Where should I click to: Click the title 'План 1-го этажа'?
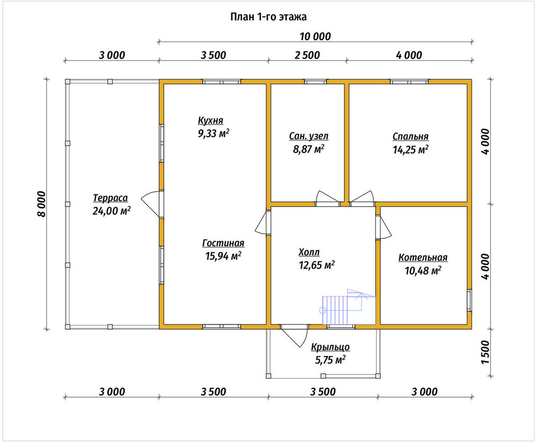(x=268, y=17)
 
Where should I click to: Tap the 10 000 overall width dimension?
(x=315, y=37)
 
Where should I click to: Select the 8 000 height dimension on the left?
(x=41, y=204)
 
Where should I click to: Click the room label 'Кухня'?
(x=211, y=121)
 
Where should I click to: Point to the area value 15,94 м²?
(x=223, y=256)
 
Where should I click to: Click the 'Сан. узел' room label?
(x=309, y=136)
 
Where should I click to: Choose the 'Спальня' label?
(x=410, y=136)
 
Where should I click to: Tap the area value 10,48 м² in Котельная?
(x=423, y=270)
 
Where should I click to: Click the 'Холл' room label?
(x=309, y=252)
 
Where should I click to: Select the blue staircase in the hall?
(x=349, y=307)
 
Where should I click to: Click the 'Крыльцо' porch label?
(x=330, y=347)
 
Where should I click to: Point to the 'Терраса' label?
(x=110, y=198)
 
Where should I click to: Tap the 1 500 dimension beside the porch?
(x=485, y=352)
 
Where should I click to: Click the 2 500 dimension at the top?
(x=307, y=55)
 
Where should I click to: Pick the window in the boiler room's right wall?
(x=469, y=301)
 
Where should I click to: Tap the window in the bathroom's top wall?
(x=315, y=82)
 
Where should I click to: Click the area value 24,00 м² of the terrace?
(x=111, y=211)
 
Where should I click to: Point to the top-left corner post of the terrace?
(x=68, y=82)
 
